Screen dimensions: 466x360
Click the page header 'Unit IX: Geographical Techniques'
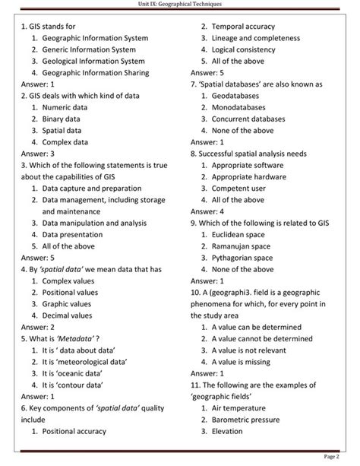[x=180, y=5]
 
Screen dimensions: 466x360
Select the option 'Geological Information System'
[x=93, y=61]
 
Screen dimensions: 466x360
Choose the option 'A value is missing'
[x=251, y=362]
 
